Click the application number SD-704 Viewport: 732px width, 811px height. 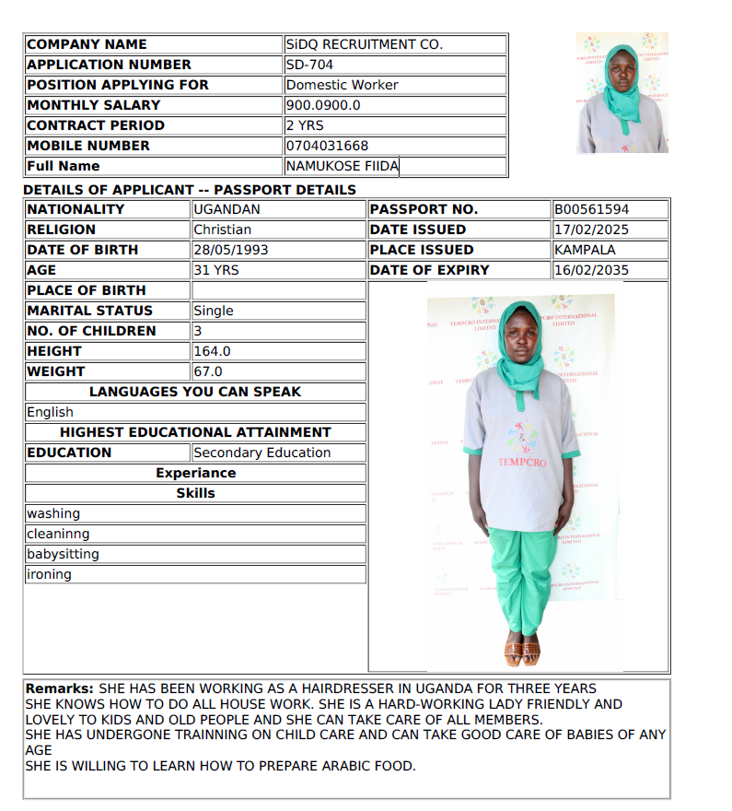(x=309, y=65)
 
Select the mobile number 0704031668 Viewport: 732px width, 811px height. (x=327, y=146)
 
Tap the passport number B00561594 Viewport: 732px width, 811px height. (x=591, y=209)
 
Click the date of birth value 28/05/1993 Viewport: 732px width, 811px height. (x=231, y=250)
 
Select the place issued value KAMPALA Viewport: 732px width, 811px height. (x=585, y=250)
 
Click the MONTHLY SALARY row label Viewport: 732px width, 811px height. (x=81, y=105)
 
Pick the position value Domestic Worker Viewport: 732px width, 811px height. (x=343, y=85)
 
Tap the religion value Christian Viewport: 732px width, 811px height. (x=222, y=229)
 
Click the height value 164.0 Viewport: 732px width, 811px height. (x=212, y=351)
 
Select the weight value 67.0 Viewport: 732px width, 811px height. (x=208, y=371)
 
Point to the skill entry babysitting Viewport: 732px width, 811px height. (x=63, y=554)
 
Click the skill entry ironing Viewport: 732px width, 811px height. (x=49, y=574)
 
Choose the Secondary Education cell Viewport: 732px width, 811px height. (x=262, y=453)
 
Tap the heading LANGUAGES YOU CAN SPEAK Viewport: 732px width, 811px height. (x=195, y=392)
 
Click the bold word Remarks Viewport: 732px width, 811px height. (x=59, y=688)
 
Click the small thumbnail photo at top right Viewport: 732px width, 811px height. (x=622, y=92)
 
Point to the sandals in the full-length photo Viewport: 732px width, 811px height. (x=521, y=652)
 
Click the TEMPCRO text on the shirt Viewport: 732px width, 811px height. (x=521, y=462)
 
